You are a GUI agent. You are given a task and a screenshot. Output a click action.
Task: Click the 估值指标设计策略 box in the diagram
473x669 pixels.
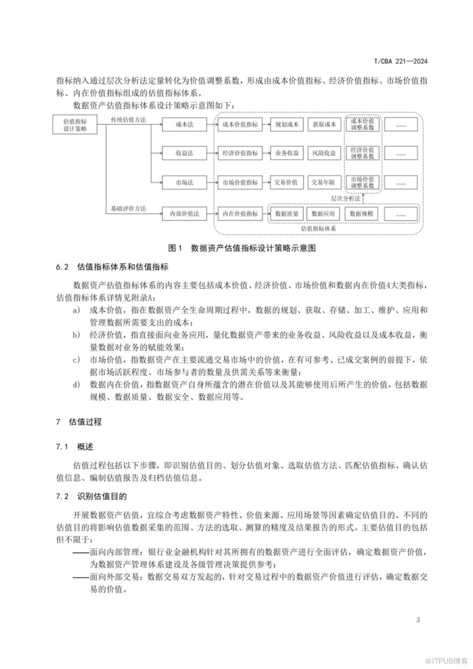[x=75, y=125]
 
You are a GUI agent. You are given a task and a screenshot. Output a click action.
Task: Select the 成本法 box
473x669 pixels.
[x=184, y=125]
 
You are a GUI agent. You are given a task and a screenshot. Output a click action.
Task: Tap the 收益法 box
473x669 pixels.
[x=184, y=153]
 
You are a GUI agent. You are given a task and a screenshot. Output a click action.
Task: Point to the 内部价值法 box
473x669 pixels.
[x=184, y=214]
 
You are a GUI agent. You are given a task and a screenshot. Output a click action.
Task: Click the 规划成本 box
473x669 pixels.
[x=287, y=125]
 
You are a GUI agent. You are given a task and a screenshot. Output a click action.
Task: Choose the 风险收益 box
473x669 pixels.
[x=324, y=153]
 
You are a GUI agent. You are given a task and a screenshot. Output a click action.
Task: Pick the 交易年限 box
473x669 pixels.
[x=324, y=182]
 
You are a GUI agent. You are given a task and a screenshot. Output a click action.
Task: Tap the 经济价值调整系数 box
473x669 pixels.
[x=362, y=153]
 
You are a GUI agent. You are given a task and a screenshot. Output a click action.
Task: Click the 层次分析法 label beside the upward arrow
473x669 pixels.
[x=345, y=198]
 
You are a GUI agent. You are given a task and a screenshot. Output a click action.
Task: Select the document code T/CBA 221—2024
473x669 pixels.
[x=401, y=61]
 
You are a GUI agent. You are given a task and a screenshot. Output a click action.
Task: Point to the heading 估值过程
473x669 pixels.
[x=85, y=422]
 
